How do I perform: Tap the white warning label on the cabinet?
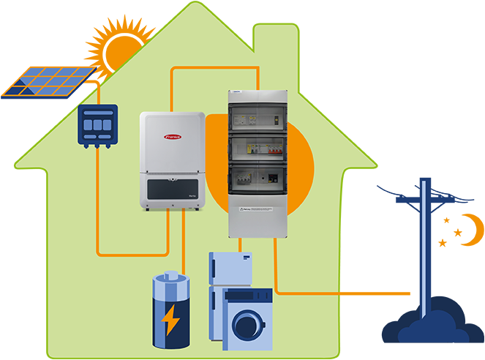[x=253, y=209]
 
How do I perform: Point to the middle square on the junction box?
[x=97, y=125]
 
